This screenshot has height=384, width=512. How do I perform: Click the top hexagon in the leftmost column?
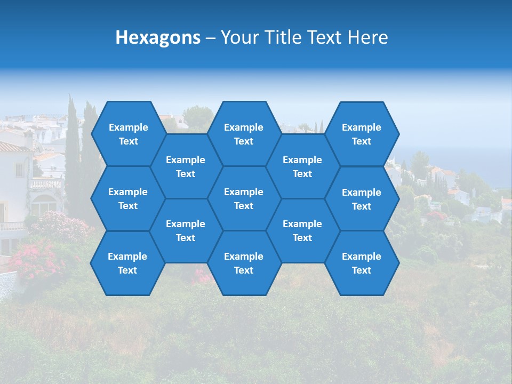click(x=128, y=134)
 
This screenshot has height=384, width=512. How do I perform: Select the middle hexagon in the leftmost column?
click(x=128, y=198)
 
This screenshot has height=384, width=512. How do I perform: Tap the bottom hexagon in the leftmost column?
click(x=127, y=263)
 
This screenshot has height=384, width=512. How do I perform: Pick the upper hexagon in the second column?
click(x=186, y=166)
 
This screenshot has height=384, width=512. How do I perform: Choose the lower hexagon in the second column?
click(x=186, y=230)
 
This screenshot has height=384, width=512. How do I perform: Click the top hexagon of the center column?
click(x=244, y=134)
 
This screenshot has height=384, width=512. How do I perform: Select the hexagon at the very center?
click(x=244, y=198)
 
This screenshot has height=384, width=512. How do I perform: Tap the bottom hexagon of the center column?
click(x=244, y=263)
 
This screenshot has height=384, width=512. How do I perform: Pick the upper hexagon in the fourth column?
click(x=302, y=166)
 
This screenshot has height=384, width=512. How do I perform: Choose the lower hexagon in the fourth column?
click(x=302, y=230)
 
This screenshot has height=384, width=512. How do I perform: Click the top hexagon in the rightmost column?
click(x=362, y=134)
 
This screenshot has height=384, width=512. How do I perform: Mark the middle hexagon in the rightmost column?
click(x=362, y=199)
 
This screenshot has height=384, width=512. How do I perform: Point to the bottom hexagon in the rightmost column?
click(x=362, y=263)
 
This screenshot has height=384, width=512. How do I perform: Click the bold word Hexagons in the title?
click(x=158, y=37)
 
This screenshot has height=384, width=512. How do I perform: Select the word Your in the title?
click(x=237, y=37)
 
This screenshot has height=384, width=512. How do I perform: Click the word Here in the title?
click(x=367, y=37)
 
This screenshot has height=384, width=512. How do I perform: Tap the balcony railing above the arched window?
click(x=45, y=184)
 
